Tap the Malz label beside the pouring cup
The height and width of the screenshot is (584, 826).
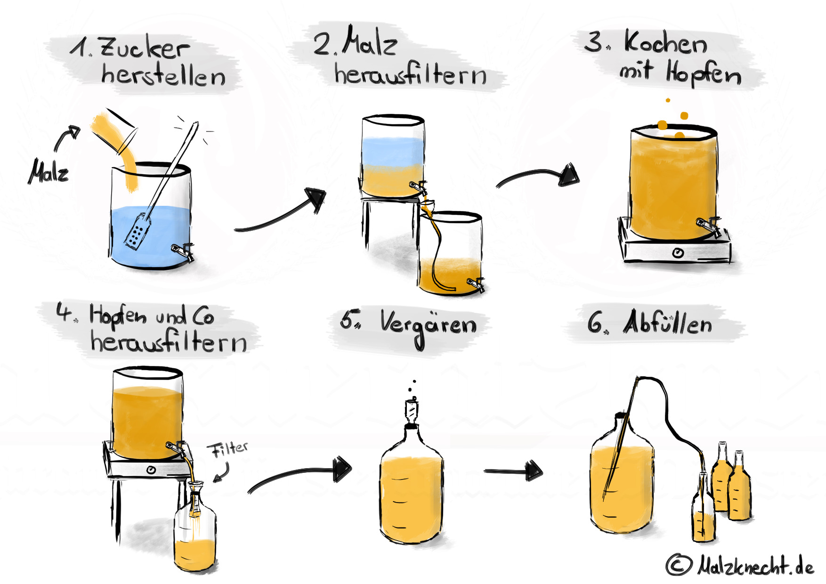[49, 172]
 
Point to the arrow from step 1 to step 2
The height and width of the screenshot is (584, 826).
[283, 212]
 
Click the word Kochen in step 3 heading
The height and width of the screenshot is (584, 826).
[665, 43]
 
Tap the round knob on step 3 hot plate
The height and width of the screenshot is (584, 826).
[678, 253]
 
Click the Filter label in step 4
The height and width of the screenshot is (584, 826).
[229, 449]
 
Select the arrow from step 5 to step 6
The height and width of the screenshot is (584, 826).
[513, 470]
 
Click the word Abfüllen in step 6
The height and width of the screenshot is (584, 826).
[668, 323]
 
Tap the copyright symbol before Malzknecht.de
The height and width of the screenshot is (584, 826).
[679, 564]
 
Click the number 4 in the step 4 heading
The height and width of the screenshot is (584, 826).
[63, 311]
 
